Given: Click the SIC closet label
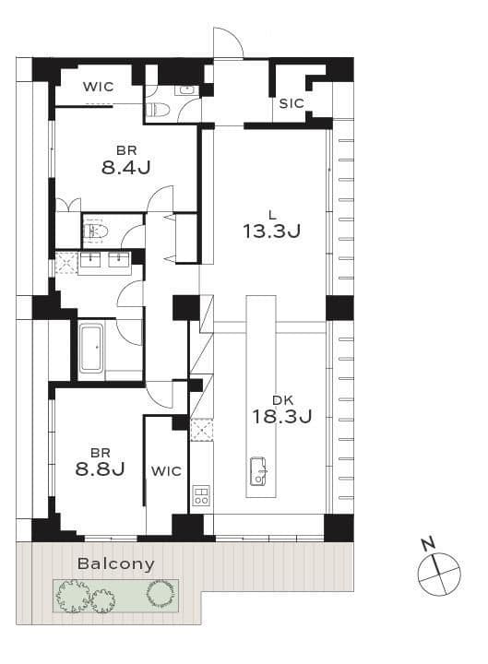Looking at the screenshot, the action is [x=292, y=103].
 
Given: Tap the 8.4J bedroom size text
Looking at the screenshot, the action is [x=126, y=168].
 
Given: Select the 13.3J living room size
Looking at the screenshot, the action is [x=272, y=231].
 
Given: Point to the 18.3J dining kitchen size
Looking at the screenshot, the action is [x=282, y=416].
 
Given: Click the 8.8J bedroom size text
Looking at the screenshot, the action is [x=100, y=468].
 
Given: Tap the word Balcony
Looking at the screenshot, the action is [x=115, y=564].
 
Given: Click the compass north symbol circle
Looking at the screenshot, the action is [x=439, y=574].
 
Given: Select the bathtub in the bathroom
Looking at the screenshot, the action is [x=91, y=348].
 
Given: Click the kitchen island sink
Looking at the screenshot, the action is [x=258, y=471].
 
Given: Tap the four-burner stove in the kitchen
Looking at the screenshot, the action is [x=201, y=495].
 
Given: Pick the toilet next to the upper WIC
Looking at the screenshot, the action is [x=158, y=110].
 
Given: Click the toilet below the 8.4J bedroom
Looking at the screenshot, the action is [x=96, y=231].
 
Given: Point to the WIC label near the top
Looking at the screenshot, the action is [x=99, y=87].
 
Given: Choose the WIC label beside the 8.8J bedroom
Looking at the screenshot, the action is [x=166, y=471].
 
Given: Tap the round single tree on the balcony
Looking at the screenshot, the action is [x=160, y=593].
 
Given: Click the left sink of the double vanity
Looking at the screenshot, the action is [x=89, y=259].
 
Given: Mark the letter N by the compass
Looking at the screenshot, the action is [x=428, y=543].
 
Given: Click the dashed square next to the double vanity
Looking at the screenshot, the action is [x=66, y=263].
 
